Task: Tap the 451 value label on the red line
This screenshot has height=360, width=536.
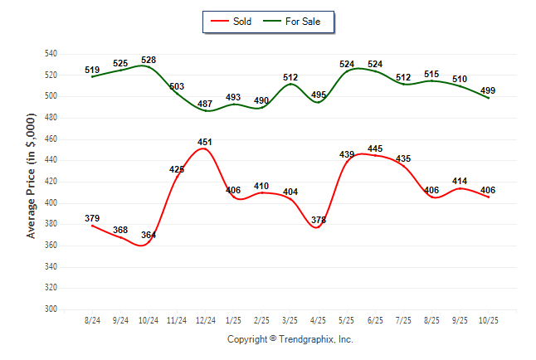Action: tap(205, 142)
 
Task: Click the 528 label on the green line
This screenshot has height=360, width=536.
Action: tap(149, 60)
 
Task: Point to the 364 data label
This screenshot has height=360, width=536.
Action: tap(149, 235)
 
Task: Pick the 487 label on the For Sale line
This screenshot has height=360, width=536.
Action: tap(205, 103)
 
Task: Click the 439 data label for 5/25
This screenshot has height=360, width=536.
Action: tap(347, 154)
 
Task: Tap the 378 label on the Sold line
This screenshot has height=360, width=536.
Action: tap(319, 220)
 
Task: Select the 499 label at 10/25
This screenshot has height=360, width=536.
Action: tap(489, 90)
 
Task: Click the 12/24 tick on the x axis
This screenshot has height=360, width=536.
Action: tap(205, 319)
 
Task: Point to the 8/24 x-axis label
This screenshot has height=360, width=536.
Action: tap(92, 319)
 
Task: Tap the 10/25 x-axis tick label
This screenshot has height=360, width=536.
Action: tap(489, 319)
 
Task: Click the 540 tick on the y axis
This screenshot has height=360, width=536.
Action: tap(51, 53)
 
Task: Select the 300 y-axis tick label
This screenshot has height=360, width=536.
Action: tap(51, 309)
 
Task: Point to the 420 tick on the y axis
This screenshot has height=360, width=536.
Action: tap(51, 182)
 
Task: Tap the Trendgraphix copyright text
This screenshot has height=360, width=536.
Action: tap(290, 339)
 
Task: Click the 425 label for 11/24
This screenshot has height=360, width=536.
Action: tap(177, 169)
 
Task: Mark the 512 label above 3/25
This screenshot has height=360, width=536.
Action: tap(290, 77)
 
